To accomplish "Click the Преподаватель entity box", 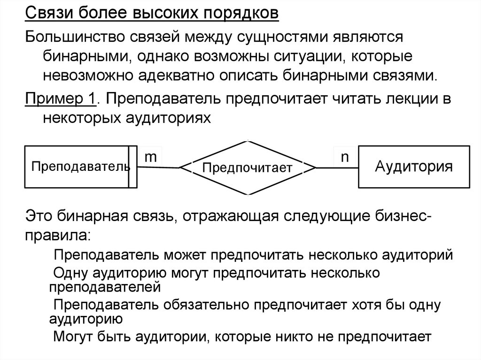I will [x=80, y=167].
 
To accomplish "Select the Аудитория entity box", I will [x=413, y=167].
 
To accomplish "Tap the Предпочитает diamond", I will [x=247, y=167].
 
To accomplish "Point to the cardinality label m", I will [x=150, y=157].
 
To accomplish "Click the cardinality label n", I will [x=345, y=157].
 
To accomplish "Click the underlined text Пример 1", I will [x=61, y=99].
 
